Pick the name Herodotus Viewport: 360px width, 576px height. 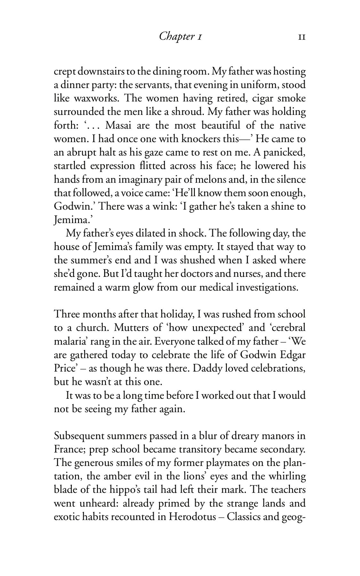pyautogui.click(x=191, y=517)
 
